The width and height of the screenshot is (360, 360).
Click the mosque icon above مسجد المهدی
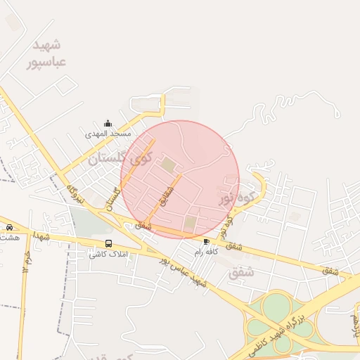click(107, 123)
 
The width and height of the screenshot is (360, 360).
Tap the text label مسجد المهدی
click(108, 133)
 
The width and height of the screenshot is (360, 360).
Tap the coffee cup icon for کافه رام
click(206, 241)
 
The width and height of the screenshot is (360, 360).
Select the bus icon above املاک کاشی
click(108, 243)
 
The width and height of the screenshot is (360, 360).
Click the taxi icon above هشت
click(9, 227)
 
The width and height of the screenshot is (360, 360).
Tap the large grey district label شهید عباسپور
click(49, 53)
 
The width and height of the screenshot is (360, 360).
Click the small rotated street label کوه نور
click(224, 224)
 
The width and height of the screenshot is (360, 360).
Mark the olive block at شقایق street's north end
click(169, 165)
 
